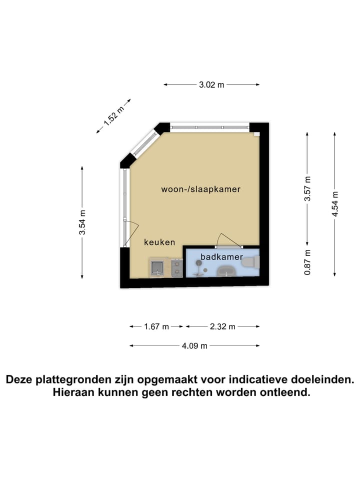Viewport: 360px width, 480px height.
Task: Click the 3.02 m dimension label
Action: coord(211,85)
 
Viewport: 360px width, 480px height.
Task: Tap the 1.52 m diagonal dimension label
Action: coord(113,116)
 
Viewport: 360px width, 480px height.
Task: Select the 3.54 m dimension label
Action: coord(82,222)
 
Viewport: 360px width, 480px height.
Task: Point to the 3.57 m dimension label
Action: coord(307,188)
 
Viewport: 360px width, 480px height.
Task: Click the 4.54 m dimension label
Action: coord(335,204)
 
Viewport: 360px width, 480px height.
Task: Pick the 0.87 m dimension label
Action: coord(307,262)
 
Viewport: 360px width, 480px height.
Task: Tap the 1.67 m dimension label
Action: coord(156,326)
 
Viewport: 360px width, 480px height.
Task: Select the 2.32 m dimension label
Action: coord(222,326)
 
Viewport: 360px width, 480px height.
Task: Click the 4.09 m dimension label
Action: coord(194,346)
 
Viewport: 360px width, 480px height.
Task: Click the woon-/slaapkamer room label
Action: coord(201,189)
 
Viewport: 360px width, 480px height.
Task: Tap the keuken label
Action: coord(159,242)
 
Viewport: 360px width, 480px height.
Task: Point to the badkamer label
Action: coord(221,256)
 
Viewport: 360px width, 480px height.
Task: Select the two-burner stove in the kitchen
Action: coord(177,267)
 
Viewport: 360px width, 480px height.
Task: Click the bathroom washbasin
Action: coord(225,271)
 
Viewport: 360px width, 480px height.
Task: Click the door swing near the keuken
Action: coord(131,233)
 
